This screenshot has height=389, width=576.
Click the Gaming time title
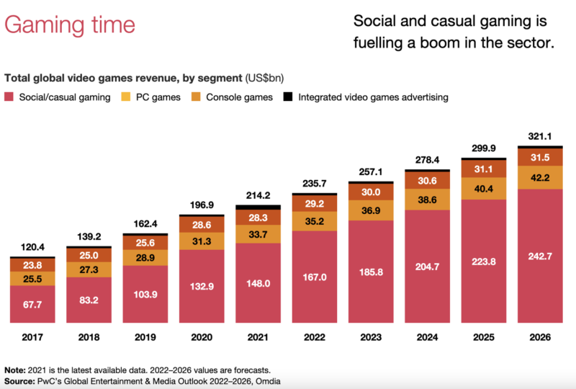[70, 25]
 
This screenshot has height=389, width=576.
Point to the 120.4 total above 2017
[32, 246]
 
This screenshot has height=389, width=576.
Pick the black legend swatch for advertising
[288, 97]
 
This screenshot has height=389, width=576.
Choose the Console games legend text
[240, 97]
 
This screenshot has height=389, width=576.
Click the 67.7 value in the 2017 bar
[32, 304]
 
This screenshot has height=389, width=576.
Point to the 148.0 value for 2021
[257, 283]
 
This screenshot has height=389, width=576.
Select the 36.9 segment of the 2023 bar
[369, 210]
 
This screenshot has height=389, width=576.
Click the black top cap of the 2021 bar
[257, 207]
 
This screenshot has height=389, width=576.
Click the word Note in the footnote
[17, 369]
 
